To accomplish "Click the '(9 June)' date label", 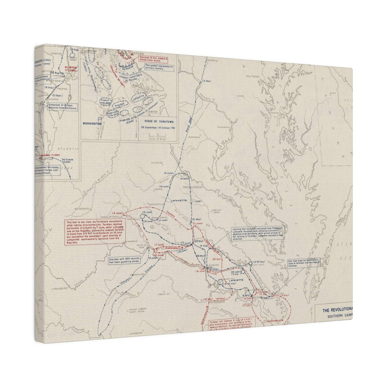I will (x=169, y=173).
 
